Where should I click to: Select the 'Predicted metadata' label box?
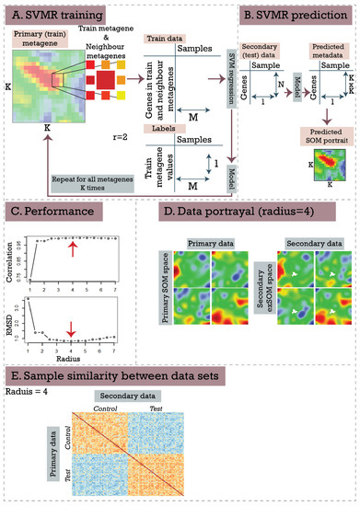(x=316, y=52)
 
